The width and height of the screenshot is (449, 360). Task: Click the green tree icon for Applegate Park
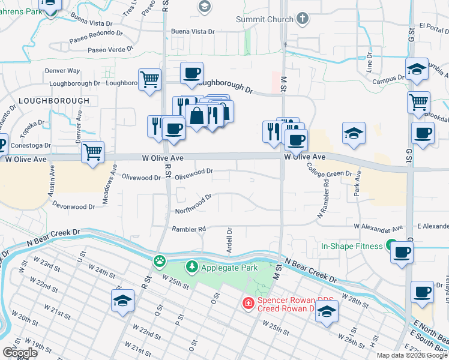coord(191,265)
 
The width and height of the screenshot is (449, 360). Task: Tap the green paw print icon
coord(159,260)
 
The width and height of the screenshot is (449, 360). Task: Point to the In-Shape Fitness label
coord(352,246)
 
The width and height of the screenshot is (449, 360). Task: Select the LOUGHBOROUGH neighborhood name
coord(53,101)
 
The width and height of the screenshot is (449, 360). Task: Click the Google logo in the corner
coord(20,352)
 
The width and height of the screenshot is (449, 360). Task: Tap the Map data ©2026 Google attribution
coord(412,355)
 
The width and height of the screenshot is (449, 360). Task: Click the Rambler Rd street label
coord(188,229)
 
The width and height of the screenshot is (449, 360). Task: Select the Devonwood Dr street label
coord(74,206)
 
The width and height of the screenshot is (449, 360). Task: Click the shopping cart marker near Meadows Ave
coord(93,152)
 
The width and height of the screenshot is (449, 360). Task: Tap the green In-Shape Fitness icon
coord(391,246)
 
